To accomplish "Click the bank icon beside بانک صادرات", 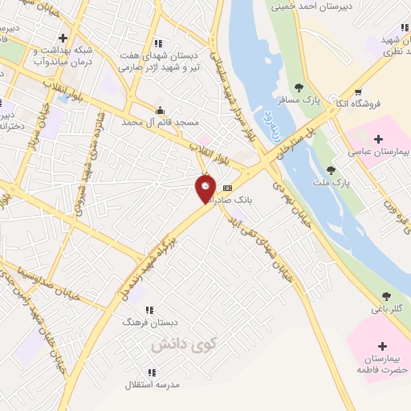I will point(228,187).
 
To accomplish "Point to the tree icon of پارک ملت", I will point(331,170).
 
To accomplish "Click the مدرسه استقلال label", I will point(152,385).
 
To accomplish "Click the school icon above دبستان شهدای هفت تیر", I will point(158,43).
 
